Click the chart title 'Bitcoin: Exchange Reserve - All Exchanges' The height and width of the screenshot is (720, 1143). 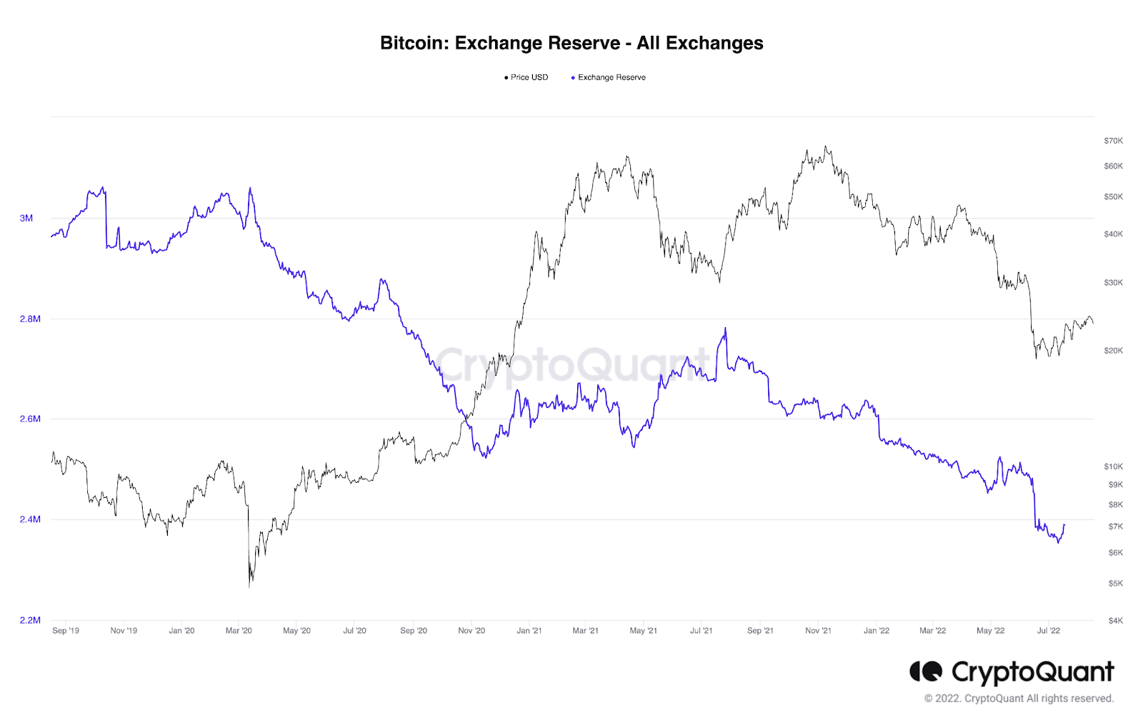pyautogui.click(x=571, y=44)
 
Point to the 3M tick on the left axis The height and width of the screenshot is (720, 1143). pyautogui.click(x=26, y=219)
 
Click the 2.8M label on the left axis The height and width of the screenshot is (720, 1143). pyautogui.click(x=30, y=319)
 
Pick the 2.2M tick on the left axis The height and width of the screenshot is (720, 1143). pyautogui.click(x=30, y=620)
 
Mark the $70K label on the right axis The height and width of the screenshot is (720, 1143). pyautogui.click(x=1113, y=141)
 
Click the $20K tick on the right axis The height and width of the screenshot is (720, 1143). pyautogui.click(x=1113, y=351)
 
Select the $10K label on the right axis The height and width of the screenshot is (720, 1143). pyautogui.click(x=1113, y=466)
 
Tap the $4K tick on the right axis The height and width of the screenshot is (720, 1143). pyautogui.click(x=1115, y=621)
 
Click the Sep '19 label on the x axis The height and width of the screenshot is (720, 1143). pyautogui.click(x=66, y=631)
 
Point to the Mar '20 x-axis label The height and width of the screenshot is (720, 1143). pyautogui.click(x=239, y=631)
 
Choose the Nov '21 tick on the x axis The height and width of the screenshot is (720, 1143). pyautogui.click(x=818, y=631)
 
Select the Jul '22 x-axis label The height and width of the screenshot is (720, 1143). pyautogui.click(x=1049, y=631)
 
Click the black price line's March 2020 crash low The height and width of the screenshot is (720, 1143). pyautogui.click(x=249, y=586)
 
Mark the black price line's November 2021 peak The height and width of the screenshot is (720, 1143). pyautogui.click(x=826, y=147)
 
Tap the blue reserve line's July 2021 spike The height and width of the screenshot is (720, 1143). pyautogui.click(x=725, y=329)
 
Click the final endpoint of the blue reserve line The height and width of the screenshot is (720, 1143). pyautogui.click(x=1064, y=525)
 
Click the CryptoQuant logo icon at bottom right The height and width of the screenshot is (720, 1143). pyautogui.click(x=926, y=671)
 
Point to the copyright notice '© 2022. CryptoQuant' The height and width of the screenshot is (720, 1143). pyautogui.click(x=1019, y=699)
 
